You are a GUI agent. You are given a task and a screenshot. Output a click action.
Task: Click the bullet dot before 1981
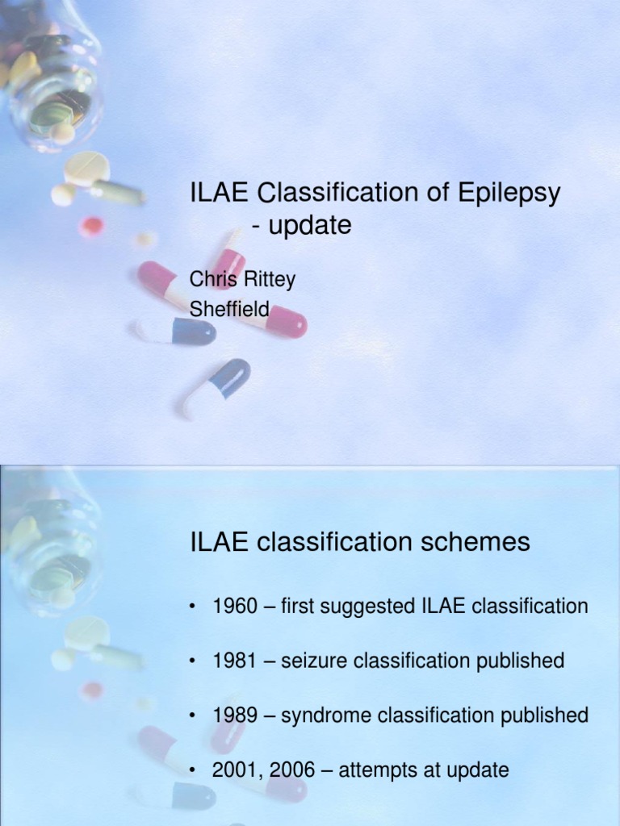click(194, 661)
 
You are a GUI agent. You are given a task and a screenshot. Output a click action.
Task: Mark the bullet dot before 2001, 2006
click(194, 771)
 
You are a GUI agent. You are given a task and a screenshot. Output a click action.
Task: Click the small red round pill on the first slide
click(92, 227)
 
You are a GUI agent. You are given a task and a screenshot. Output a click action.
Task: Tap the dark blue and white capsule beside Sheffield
click(176, 331)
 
